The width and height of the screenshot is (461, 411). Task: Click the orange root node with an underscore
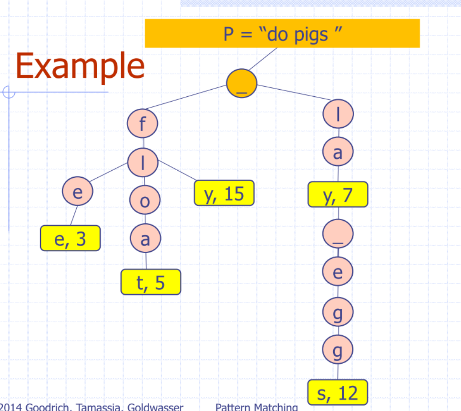[x=242, y=83]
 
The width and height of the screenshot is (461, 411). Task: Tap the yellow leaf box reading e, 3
[x=71, y=238]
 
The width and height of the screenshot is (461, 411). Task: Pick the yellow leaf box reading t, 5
[x=151, y=282]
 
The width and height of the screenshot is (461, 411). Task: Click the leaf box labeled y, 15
[x=224, y=193]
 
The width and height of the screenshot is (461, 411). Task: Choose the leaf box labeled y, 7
[x=338, y=194]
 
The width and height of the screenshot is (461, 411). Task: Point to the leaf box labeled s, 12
[x=338, y=392]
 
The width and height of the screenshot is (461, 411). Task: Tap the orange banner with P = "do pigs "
[x=282, y=33]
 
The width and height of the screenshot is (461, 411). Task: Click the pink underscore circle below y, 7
[x=338, y=234]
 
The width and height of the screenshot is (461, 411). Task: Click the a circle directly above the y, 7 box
[x=338, y=153]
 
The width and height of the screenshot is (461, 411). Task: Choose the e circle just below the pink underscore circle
[x=338, y=272]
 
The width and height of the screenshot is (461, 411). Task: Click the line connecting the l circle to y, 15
[x=176, y=172]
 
